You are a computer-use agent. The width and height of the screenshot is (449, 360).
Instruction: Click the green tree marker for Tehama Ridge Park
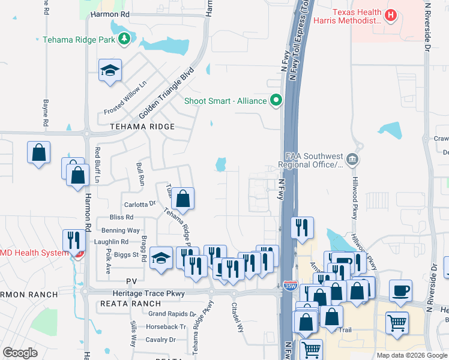point(124,40)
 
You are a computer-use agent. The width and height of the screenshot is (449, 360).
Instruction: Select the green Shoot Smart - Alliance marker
point(276,100)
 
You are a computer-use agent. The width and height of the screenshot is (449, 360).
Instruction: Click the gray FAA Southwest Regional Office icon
point(352,160)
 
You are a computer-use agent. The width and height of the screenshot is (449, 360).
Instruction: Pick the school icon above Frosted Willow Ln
point(110,71)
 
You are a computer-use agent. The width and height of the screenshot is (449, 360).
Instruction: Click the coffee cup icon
point(400,290)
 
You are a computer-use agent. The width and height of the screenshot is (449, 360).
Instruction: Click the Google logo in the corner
point(20,352)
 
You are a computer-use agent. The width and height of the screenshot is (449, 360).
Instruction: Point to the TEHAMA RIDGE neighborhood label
point(142,127)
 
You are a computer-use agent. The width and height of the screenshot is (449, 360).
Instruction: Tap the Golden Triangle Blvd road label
point(167,92)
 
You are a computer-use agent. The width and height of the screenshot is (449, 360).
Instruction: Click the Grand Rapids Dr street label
point(172,314)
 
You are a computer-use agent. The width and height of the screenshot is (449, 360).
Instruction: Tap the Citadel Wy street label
point(238,316)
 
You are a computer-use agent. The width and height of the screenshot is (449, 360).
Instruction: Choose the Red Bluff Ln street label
point(97,164)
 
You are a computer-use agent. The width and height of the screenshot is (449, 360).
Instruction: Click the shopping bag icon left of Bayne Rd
point(38,152)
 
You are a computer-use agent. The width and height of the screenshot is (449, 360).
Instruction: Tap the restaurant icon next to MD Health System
point(73,240)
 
